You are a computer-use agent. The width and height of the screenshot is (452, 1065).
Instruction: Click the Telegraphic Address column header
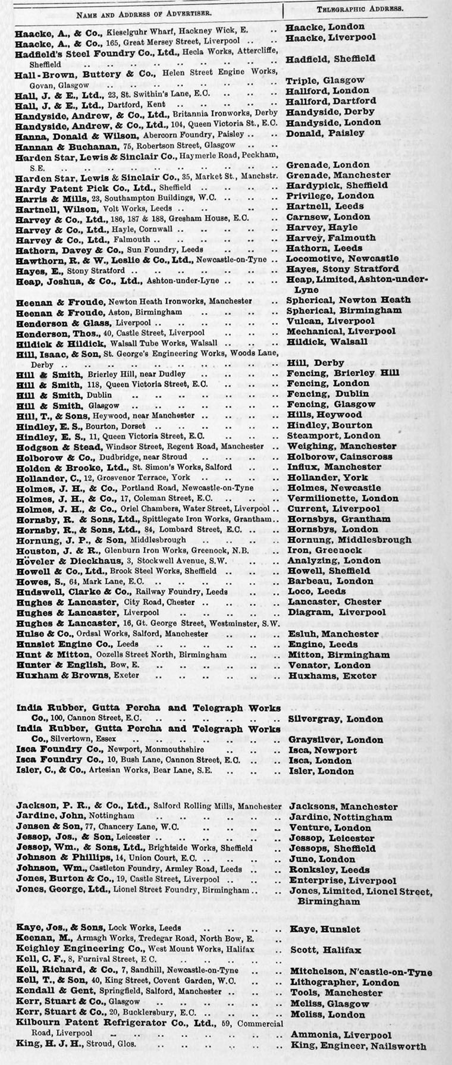[x=360, y=9]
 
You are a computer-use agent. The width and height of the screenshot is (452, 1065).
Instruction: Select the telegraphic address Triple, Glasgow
[x=325, y=80]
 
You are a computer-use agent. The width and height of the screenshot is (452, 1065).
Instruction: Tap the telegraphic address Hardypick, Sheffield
[x=337, y=185]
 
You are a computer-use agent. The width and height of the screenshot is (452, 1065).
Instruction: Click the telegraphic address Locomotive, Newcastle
[x=343, y=259]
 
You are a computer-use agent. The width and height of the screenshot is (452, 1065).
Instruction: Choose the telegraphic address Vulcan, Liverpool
[x=331, y=321]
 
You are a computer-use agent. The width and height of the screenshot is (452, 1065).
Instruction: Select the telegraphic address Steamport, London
[x=334, y=436]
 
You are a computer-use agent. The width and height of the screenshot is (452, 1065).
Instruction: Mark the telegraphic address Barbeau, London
[x=331, y=581]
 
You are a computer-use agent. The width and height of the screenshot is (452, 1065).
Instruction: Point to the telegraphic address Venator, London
[x=329, y=665]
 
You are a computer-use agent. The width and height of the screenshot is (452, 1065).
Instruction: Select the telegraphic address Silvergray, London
[x=335, y=719]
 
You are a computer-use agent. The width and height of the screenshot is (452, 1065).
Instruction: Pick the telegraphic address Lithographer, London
[x=344, y=982]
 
